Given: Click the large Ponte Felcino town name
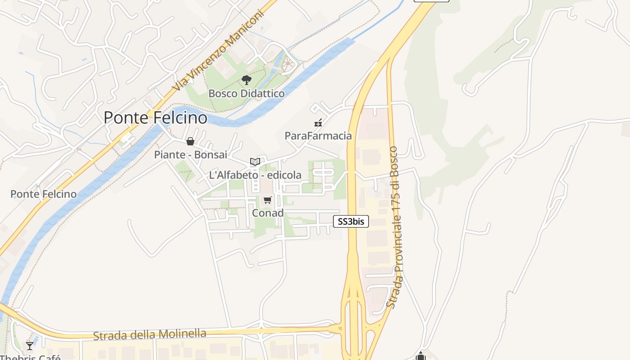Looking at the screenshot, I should (155, 118).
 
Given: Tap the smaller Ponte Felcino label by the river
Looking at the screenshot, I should (43, 194).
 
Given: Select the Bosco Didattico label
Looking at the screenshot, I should (246, 94).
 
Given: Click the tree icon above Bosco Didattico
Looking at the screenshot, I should (246, 81).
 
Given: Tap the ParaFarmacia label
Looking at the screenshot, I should (318, 135).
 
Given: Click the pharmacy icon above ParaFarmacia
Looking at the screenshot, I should (318, 122).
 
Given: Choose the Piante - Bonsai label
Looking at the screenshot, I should (190, 155).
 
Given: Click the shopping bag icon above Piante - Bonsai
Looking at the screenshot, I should (190, 142).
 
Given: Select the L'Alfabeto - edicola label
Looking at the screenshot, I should (255, 175).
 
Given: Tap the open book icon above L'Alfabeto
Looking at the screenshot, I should (255, 162).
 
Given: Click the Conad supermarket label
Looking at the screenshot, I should (268, 213).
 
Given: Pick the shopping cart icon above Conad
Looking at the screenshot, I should (268, 200).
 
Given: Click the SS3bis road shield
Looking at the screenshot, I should (351, 221).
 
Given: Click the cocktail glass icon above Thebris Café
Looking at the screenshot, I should (30, 346).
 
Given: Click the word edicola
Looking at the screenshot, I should (284, 175).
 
